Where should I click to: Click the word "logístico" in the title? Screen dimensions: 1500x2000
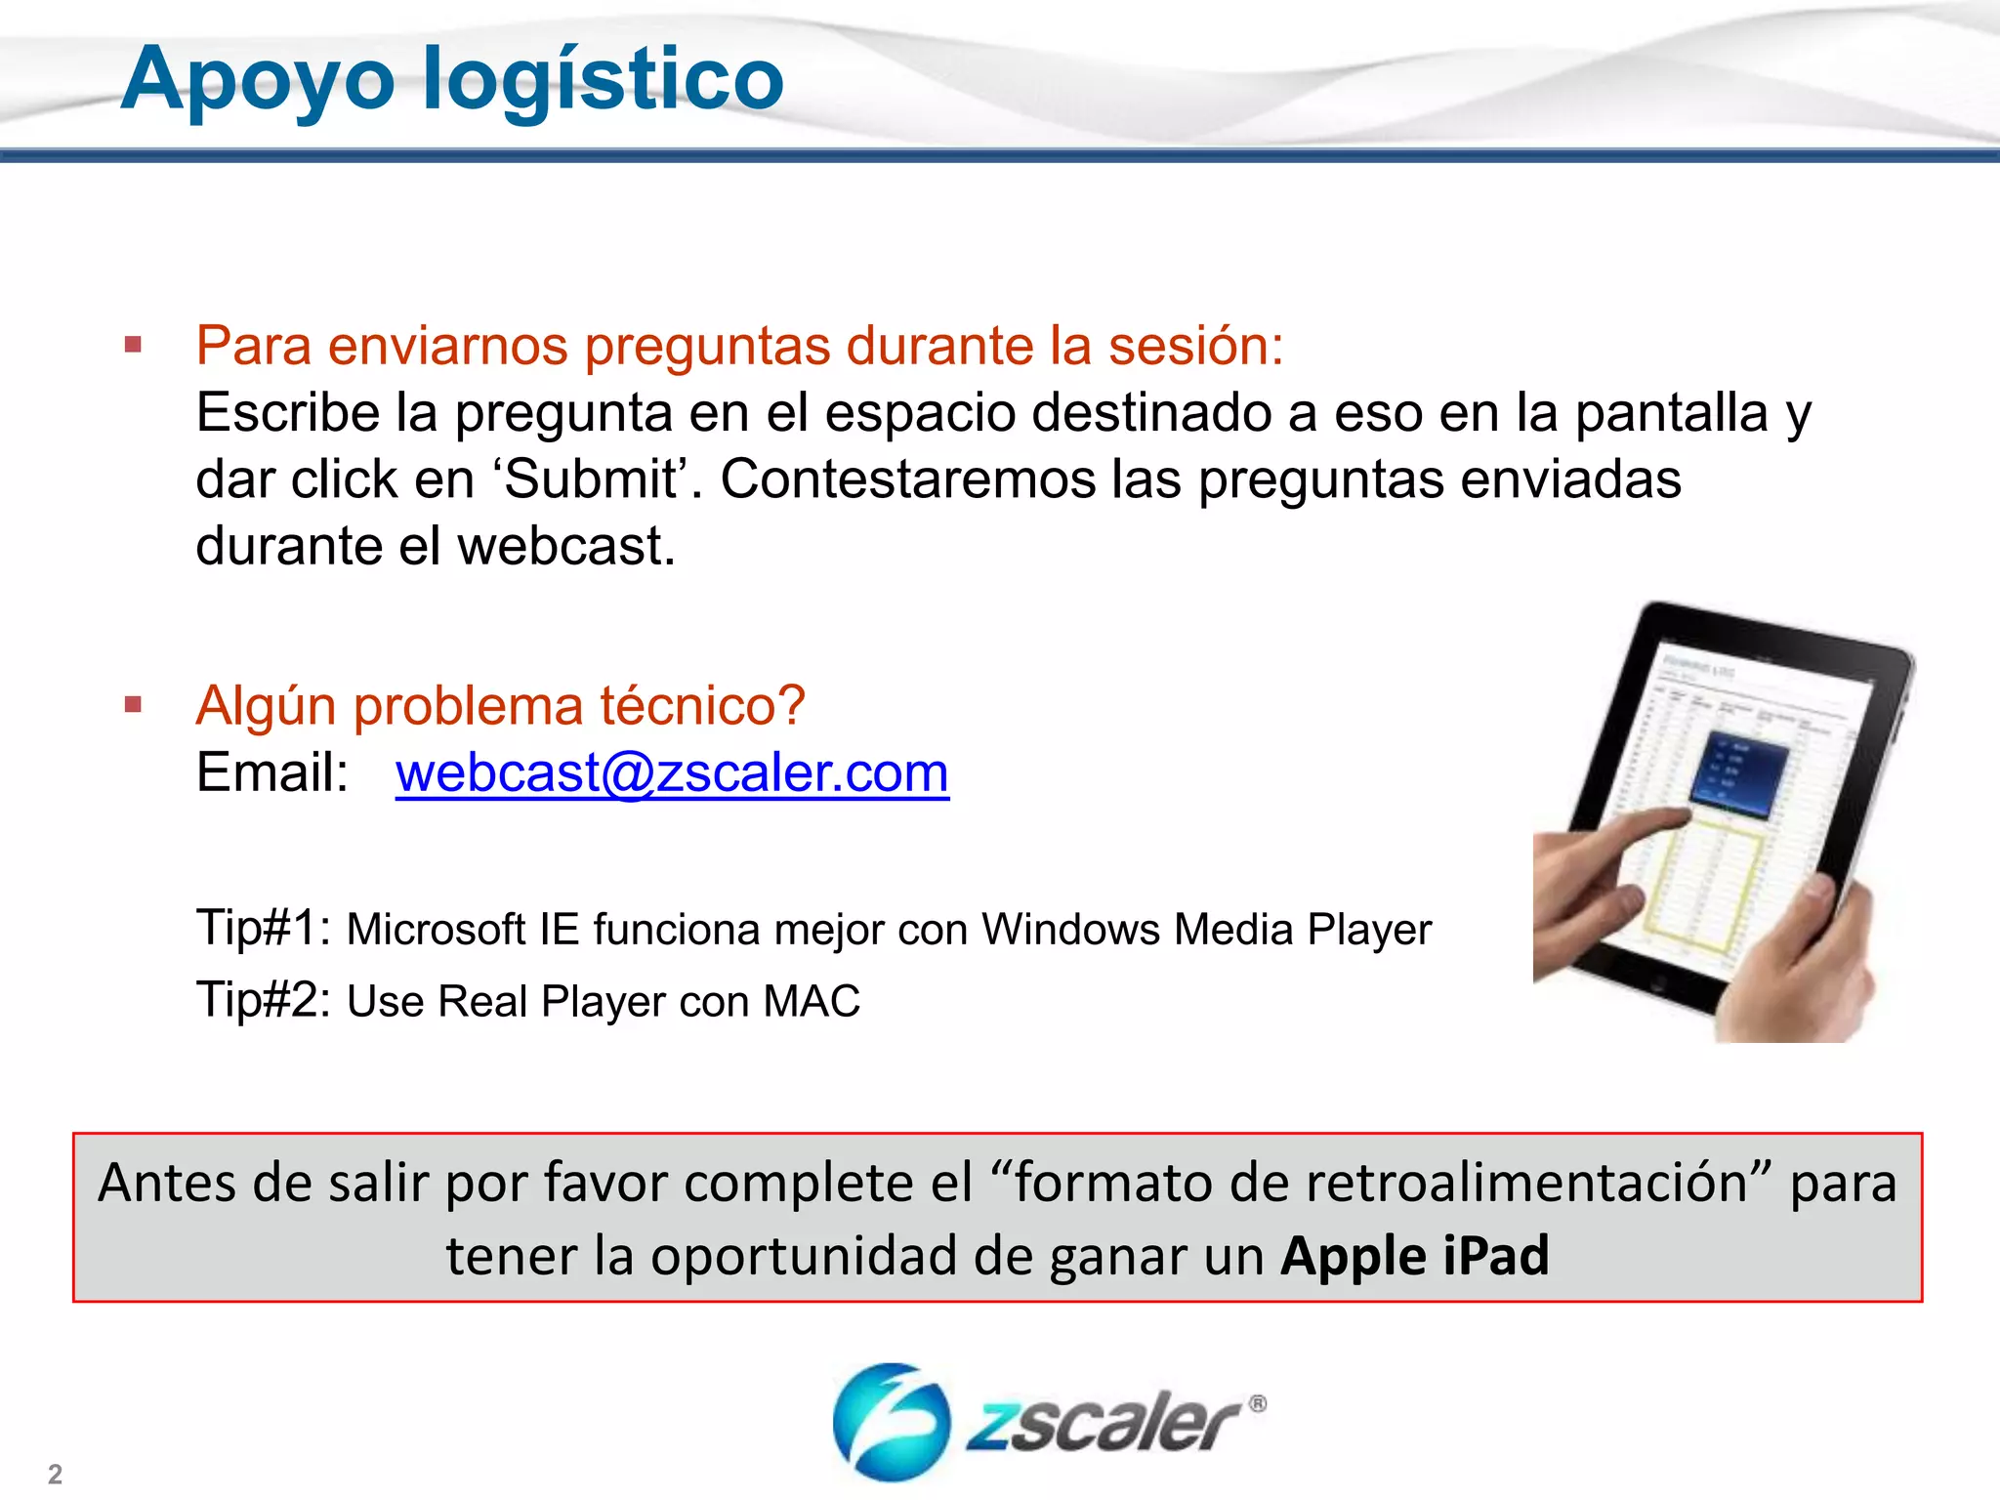pyautogui.click(x=603, y=80)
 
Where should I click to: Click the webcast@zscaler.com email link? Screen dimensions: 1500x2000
pyautogui.click(x=672, y=772)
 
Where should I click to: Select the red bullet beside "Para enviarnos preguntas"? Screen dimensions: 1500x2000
pyautogui.click(x=134, y=345)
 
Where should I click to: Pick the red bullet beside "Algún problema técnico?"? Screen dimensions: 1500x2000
pyautogui.click(x=134, y=704)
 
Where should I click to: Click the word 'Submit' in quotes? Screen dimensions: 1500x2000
pyautogui.click(x=593, y=479)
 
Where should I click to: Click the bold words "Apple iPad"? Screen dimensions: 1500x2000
pyautogui.click(x=1414, y=1256)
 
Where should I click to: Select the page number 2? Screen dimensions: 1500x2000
pyautogui.click(x=56, y=1474)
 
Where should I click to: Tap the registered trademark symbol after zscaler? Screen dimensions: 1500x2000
pyautogui.click(x=1258, y=1404)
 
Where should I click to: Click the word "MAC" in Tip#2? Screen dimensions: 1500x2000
pyautogui.click(x=812, y=1001)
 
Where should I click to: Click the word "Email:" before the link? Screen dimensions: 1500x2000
pyautogui.click(x=272, y=772)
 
